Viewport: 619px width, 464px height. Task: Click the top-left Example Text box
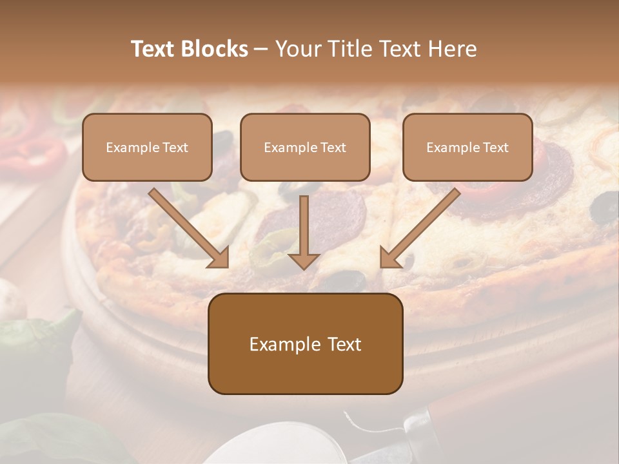[x=147, y=147]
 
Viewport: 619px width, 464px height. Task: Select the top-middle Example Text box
[x=305, y=147]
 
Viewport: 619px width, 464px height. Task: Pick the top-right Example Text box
[x=467, y=147]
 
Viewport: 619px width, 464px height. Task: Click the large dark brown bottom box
[x=305, y=343]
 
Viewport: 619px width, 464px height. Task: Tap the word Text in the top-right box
[x=496, y=148]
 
